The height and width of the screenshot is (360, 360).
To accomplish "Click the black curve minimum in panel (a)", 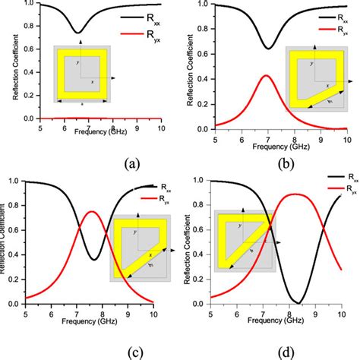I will pos(77,33).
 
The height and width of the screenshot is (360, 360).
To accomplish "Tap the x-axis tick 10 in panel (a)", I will pos(159,126).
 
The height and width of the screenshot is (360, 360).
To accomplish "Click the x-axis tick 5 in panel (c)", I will pos(25,313).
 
